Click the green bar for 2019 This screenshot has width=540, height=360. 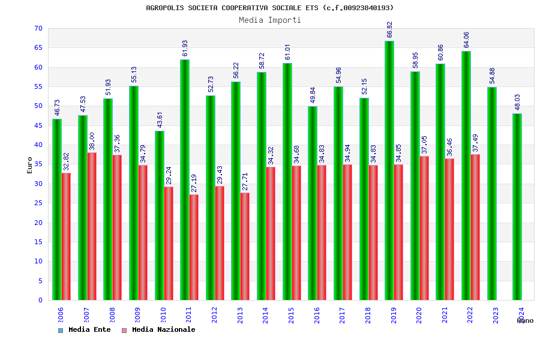(x=389, y=170)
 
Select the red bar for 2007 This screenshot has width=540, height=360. (x=92, y=226)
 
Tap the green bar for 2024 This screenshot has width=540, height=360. (x=517, y=206)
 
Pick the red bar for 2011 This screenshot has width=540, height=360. (x=194, y=247)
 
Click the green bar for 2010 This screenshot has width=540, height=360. (x=159, y=215)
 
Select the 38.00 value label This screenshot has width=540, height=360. (x=92, y=142)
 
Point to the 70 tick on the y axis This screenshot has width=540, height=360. (x=38, y=29)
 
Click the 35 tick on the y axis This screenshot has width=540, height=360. (x=38, y=164)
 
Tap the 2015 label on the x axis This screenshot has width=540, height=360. (x=292, y=316)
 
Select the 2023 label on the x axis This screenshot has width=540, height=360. (x=496, y=316)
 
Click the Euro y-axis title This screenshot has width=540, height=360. (x=30, y=165)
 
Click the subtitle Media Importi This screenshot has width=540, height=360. (x=270, y=20)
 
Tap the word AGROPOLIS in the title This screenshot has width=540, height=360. (x=165, y=8)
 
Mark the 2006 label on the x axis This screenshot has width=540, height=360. (x=61, y=316)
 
